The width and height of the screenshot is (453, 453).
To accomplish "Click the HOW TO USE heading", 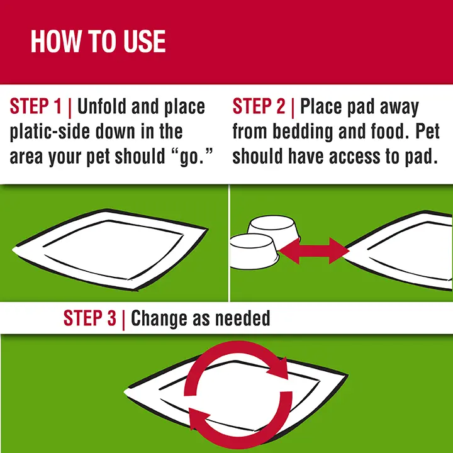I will [x=98, y=42].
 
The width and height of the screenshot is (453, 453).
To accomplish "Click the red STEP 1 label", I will [x=36, y=107].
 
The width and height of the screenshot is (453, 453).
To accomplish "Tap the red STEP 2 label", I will [x=259, y=107].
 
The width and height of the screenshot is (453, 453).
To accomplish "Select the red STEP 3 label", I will [x=90, y=318].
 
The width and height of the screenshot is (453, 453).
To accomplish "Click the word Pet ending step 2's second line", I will [x=426, y=132].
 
